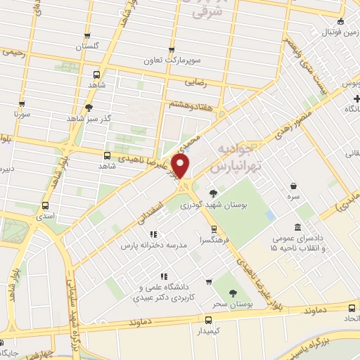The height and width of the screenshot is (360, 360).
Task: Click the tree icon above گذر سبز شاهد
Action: [x=89, y=108]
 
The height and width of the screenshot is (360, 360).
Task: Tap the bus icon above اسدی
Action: [x=46, y=206]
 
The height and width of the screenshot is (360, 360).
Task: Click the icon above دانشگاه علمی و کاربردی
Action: [x=164, y=276]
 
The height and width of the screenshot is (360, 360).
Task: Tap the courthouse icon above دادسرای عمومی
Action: [x=297, y=228]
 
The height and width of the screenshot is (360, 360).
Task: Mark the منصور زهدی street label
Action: [x=271, y=120]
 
